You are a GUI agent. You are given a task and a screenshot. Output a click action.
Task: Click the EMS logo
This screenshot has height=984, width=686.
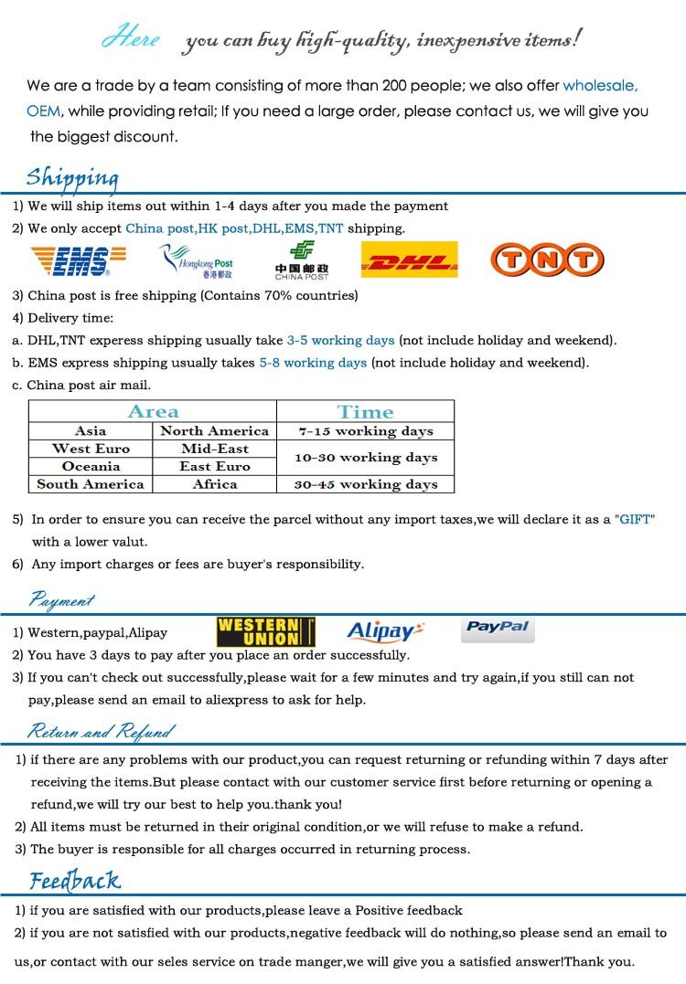click(x=70, y=261)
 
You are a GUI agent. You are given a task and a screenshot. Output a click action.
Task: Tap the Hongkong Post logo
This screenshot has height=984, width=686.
click(x=197, y=261)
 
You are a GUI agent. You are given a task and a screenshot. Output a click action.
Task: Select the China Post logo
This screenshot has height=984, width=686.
click(x=301, y=260)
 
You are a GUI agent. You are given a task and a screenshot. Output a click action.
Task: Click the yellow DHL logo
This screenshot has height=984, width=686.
click(x=409, y=260)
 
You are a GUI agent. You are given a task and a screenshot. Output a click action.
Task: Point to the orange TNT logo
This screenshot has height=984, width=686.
click(x=547, y=260)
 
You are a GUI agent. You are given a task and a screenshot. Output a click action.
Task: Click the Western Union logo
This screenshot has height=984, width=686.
click(x=265, y=632)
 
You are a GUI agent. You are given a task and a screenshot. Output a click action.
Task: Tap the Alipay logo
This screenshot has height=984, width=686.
click(x=385, y=630)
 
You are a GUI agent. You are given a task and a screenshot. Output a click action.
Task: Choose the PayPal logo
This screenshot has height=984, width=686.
click(x=498, y=628)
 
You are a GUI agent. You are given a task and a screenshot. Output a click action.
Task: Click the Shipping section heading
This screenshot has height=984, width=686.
click(x=72, y=176)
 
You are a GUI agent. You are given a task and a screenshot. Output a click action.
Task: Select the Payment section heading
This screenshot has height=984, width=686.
click(x=61, y=600)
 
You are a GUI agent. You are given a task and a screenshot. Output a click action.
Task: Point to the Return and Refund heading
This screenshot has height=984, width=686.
click(x=100, y=731)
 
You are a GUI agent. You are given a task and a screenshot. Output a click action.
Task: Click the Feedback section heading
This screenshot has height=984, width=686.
click(x=75, y=881)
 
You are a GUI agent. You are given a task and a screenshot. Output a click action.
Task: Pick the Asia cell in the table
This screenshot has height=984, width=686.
click(x=91, y=431)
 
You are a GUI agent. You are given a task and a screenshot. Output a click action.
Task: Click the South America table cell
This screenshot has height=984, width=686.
click(x=91, y=484)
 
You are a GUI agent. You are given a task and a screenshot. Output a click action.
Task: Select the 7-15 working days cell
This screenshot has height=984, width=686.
click(x=365, y=431)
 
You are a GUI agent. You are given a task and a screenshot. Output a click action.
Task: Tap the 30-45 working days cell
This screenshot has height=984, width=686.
click(x=365, y=484)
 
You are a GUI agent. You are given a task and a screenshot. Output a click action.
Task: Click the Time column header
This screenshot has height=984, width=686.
click(x=365, y=412)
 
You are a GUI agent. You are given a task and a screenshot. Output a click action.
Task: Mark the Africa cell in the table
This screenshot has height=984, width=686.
click(x=215, y=484)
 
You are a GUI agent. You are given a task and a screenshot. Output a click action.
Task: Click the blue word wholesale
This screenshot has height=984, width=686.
click(x=600, y=86)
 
